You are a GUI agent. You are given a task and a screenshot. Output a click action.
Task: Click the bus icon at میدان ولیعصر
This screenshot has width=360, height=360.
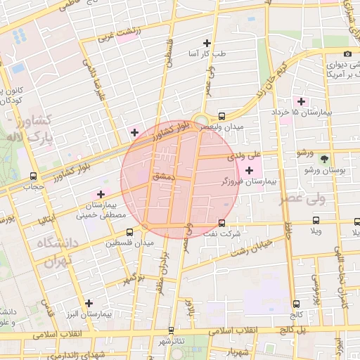tap(222, 116)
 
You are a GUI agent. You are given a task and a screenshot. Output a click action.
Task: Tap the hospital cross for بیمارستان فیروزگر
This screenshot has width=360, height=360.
tap(250, 170)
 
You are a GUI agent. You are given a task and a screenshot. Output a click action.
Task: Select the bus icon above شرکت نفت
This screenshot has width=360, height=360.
tap(222, 223)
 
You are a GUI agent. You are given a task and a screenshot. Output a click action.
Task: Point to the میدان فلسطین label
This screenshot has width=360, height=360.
tap(129, 243)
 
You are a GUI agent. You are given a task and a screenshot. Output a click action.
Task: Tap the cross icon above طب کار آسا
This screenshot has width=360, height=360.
tap(206, 43)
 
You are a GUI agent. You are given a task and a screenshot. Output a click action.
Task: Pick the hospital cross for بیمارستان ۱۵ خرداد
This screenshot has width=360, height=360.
tap(302, 101)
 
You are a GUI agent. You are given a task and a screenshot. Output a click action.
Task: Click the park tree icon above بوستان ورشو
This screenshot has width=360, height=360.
tap(323, 160)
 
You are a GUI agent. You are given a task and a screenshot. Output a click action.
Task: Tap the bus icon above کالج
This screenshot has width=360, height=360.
tap(296, 304)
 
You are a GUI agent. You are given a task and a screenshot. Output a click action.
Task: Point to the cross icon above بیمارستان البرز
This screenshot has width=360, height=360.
tap(88, 303)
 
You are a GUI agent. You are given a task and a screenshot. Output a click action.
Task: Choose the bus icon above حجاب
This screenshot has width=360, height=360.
tap(33, 176)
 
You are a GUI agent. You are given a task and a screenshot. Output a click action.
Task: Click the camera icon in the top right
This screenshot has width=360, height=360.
tap(347, 54)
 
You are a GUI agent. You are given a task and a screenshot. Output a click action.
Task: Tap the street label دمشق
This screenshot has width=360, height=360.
tap(161, 179)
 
